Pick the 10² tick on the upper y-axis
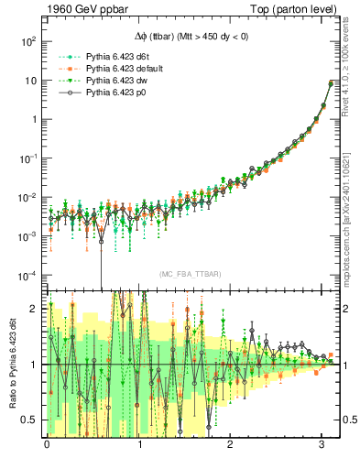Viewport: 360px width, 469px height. (x=28, y=41)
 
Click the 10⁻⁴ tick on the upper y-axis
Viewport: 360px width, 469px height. (x=28, y=275)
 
